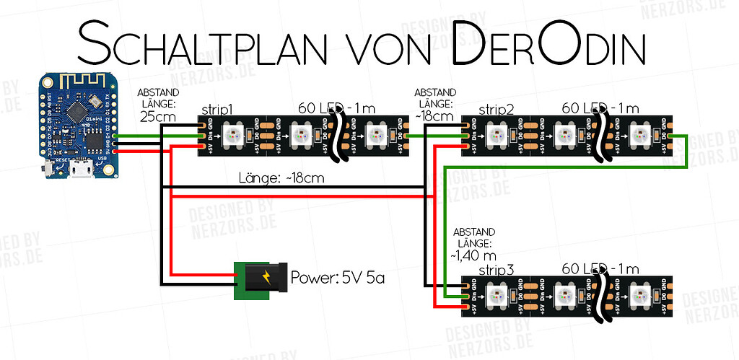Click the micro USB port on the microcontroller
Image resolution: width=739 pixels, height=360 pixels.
tap(80, 171)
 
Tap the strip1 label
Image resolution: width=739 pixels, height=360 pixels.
tap(217, 110)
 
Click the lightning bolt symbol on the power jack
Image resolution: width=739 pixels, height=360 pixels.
tap(268, 277)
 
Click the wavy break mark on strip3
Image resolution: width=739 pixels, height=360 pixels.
tap(600, 296)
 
